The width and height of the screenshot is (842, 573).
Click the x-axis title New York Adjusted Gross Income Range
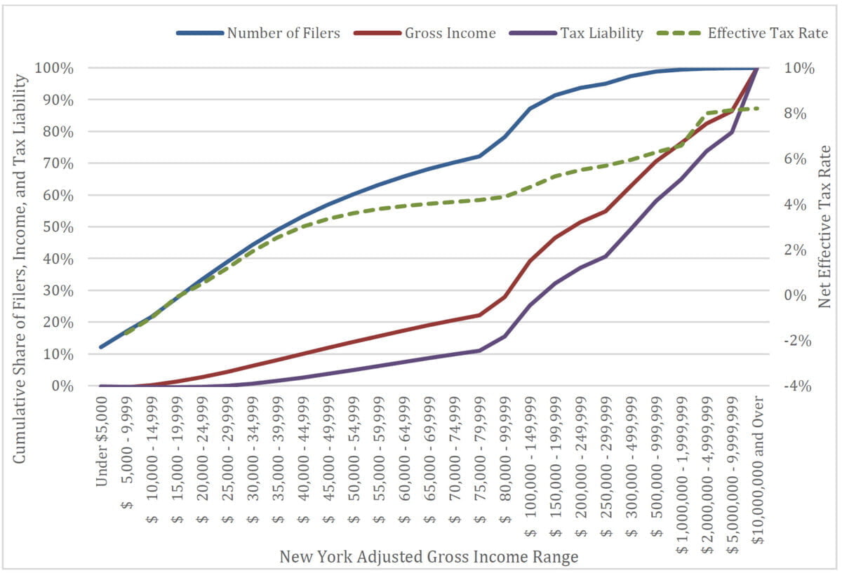(429, 558)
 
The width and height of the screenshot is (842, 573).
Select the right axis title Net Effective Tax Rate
(825, 226)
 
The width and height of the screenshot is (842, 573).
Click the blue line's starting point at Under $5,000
(102, 346)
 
